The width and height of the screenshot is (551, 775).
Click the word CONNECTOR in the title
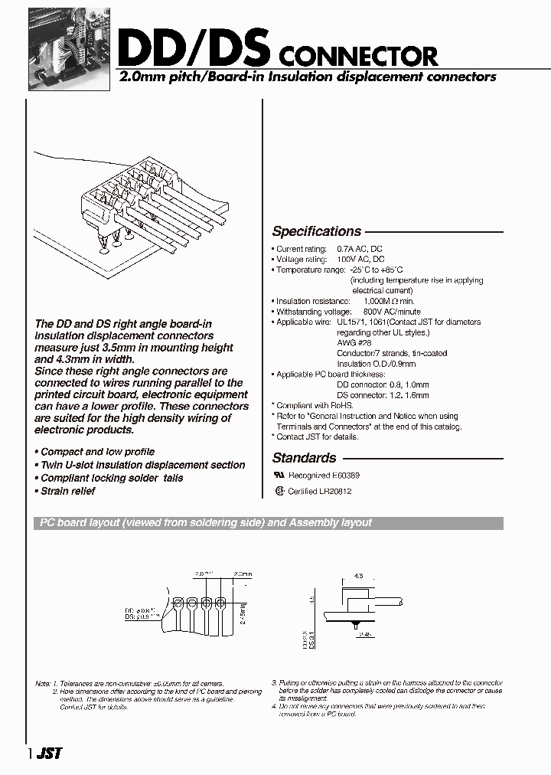click(x=357, y=56)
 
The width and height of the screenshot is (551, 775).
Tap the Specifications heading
click(x=317, y=231)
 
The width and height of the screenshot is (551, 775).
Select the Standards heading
click(x=304, y=458)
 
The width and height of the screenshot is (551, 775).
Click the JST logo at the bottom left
click(x=48, y=753)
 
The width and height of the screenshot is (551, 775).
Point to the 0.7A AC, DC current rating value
click(x=360, y=250)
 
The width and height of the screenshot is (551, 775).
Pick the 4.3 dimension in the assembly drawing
click(x=358, y=574)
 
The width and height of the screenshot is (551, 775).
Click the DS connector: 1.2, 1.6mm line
click(x=383, y=395)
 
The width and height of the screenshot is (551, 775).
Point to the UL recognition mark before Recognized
click(x=279, y=476)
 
